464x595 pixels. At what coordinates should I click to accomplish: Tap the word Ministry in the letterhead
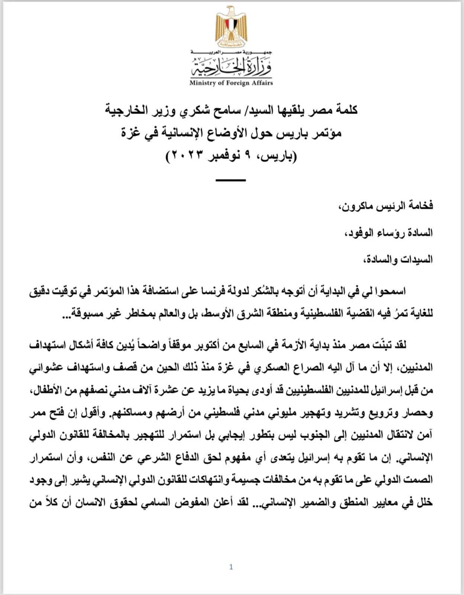click(202, 83)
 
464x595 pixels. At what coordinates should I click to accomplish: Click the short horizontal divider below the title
click(231, 180)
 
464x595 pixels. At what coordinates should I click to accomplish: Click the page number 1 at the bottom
click(231, 567)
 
